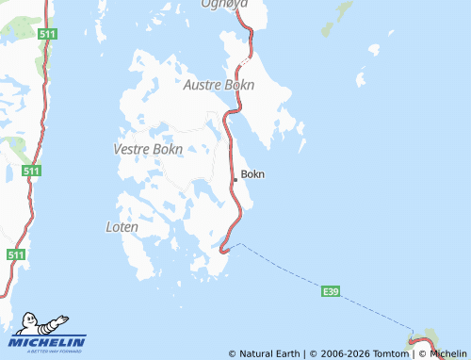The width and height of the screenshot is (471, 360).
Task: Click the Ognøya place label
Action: [223, 5]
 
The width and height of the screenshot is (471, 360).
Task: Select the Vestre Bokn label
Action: [147, 149]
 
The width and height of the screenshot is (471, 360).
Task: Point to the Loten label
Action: [122, 227]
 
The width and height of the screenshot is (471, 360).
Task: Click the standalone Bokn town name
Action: [253, 174]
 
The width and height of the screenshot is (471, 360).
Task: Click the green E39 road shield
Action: [330, 292]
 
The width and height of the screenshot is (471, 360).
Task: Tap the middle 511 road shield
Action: [32, 171]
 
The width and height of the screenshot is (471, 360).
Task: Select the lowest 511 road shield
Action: [15, 255]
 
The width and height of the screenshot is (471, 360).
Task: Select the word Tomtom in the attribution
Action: [393, 354]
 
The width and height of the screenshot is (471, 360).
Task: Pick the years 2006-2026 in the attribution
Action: [347, 354]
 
